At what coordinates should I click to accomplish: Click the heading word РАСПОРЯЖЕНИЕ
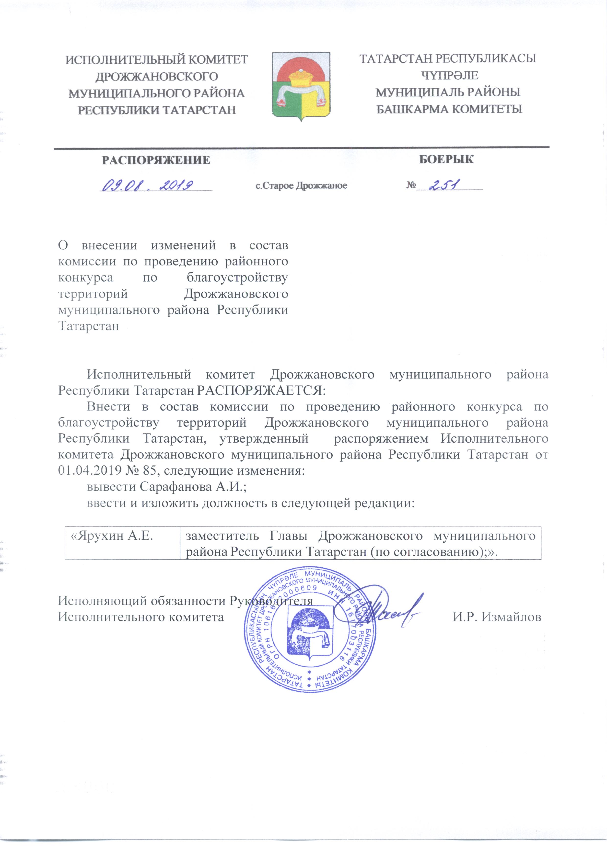pos(156,160)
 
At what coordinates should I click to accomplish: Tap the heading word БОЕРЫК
pos(446,159)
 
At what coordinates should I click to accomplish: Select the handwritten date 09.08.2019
pos(148,185)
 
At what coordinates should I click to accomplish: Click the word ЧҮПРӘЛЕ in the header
pos(449,76)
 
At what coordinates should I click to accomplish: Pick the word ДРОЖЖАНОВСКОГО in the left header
pos(157,77)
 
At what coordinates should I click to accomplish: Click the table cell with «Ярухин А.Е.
pos(112,536)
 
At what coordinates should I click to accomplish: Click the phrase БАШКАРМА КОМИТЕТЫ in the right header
pos(449,109)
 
